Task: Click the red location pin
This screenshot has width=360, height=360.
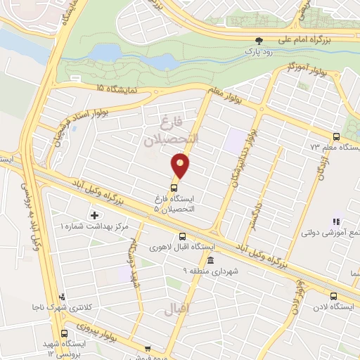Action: tap(181, 166)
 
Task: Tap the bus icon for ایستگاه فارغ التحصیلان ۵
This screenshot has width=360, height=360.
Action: tap(174, 186)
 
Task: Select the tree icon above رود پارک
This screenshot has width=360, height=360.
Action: tap(258, 41)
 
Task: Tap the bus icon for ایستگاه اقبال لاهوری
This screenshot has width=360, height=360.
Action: tap(182, 237)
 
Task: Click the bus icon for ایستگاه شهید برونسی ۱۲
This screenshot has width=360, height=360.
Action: tap(65, 333)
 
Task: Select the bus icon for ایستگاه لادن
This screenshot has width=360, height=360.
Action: tap(333, 296)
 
